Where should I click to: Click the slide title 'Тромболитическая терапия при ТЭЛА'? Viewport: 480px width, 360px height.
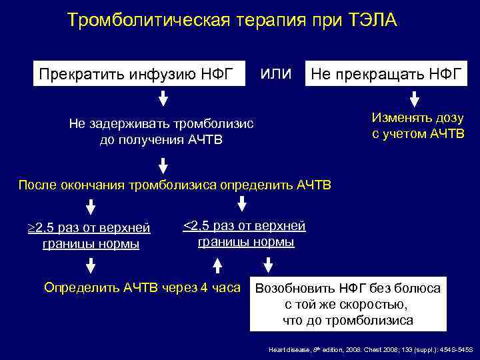coord(232,21)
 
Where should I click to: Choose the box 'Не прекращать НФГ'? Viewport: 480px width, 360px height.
coord(385,73)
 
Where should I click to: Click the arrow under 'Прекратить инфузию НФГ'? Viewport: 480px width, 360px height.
coord(163,101)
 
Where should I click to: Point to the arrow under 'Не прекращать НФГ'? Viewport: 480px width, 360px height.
coord(414,99)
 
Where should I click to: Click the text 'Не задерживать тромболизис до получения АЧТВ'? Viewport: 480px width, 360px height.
coord(162,132)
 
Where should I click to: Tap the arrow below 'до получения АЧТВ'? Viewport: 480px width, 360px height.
coord(163,163)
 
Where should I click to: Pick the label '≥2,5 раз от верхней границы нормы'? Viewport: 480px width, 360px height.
coord(91,237)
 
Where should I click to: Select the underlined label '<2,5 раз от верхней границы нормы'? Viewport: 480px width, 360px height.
coord(245,234)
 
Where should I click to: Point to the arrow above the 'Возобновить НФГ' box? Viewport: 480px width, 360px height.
coord(269,266)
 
